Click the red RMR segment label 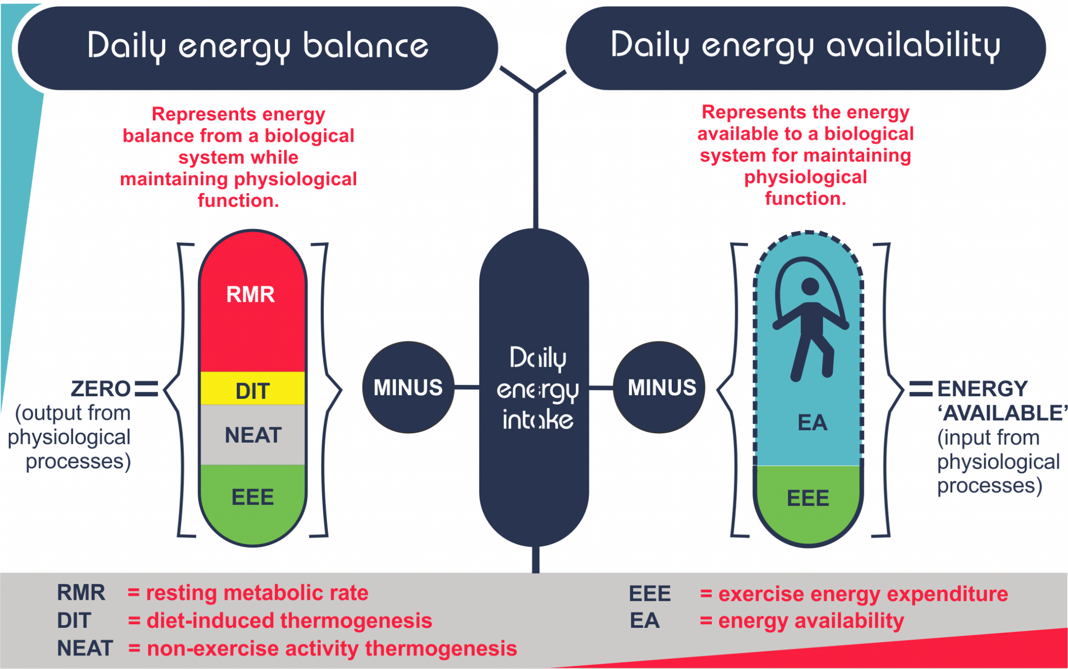click(250, 295)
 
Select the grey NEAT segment click(253, 435)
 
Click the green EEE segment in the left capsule click(252, 497)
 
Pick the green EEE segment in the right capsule click(808, 498)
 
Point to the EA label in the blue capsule click(812, 422)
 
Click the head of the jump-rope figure click(810, 286)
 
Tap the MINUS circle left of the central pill click(408, 387)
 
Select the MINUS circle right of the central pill click(661, 387)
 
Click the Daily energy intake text click(537, 389)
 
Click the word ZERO click(101, 389)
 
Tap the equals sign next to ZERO click(146, 389)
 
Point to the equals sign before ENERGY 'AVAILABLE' click(920, 389)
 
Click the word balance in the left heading click(365, 46)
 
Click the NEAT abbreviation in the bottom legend click(84, 648)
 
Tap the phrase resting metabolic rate click(257, 593)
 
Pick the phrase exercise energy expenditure click(863, 594)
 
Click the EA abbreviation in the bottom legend click(645, 621)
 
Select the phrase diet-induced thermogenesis click(289, 621)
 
